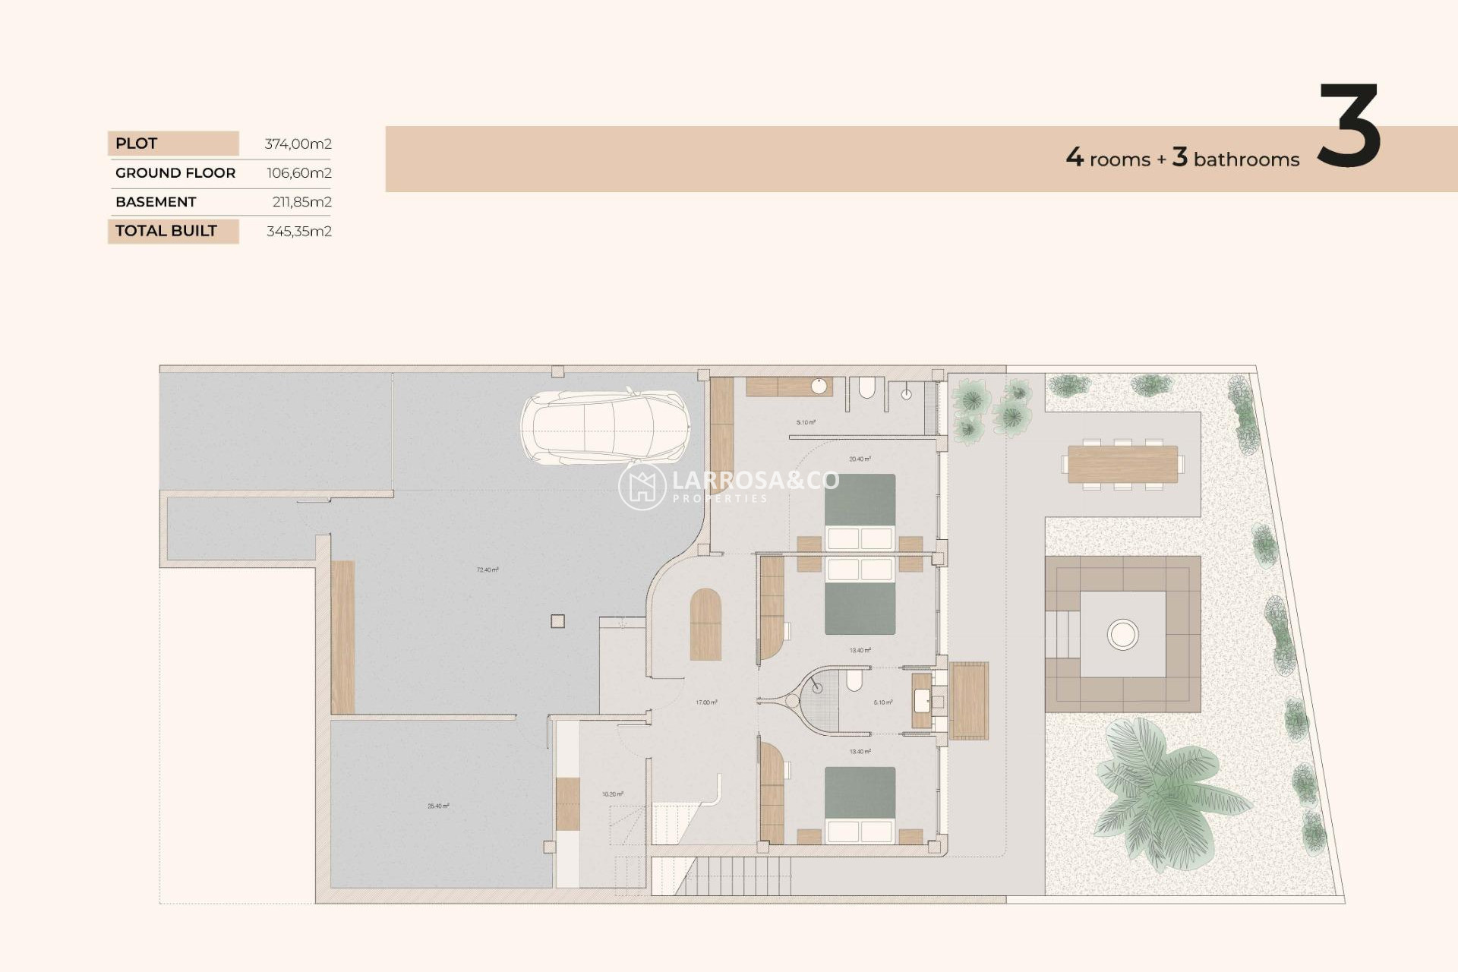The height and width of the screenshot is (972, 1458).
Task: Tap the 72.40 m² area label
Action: (488, 570)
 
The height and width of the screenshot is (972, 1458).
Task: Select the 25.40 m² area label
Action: (438, 806)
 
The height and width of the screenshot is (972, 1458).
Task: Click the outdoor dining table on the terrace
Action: (1122, 464)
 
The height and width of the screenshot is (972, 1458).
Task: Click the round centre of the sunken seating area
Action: (1122, 634)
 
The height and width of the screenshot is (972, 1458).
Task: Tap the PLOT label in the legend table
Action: (137, 144)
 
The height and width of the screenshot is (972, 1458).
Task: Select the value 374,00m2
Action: (298, 144)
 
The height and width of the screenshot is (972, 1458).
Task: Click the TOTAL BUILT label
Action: (166, 231)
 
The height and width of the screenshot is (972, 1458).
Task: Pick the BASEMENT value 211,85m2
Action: (301, 202)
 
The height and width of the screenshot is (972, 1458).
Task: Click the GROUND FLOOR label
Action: (175, 173)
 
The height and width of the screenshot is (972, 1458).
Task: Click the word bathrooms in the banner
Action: (1246, 159)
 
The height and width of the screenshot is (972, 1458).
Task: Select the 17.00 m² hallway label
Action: (706, 702)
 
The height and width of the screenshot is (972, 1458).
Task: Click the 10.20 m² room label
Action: (612, 794)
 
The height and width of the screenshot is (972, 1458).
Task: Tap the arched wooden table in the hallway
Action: (705, 624)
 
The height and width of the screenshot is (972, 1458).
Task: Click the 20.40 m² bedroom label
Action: (860, 459)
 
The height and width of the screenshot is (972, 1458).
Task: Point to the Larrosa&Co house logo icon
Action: (642, 486)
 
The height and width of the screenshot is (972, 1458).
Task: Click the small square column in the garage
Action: (557, 621)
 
